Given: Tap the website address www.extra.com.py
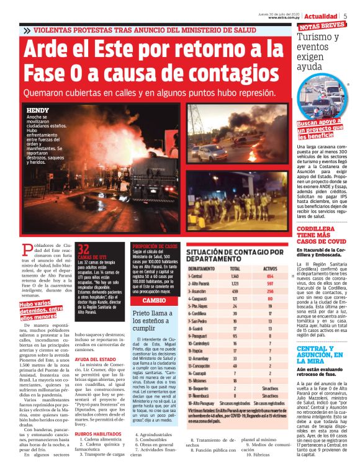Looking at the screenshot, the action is click(x=285, y=17).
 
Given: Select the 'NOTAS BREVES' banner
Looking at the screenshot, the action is click(x=322, y=26).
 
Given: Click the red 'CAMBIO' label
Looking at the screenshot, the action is click(x=153, y=300).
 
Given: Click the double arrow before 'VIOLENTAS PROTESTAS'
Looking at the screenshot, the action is click(x=26, y=30).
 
